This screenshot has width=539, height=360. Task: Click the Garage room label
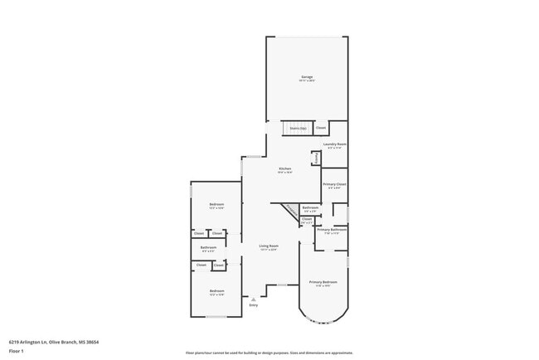pyautogui.click(x=307, y=78)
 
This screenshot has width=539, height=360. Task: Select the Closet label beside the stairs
pyautogui.click(x=320, y=128)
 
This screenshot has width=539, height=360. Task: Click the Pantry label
pyautogui.click(x=316, y=158)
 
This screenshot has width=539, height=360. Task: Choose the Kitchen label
pyautogui.click(x=284, y=169)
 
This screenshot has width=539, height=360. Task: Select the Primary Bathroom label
pyautogui.click(x=332, y=231)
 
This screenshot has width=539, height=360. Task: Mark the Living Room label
pyautogui.click(x=268, y=246)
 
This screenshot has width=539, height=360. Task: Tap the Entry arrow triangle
pyautogui.click(x=254, y=299)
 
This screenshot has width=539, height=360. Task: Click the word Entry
pyautogui.click(x=254, y=305)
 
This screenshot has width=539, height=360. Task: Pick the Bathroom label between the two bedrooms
pyautogui.click(x=208, y=248)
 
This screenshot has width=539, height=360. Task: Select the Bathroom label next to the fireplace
pyautogui.click(x=310, y=208)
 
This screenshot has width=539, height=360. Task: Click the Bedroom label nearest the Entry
pyautogui.click(x=216, y=291)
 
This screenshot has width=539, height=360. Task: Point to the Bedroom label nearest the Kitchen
pyautogui.click(x=216, y=205)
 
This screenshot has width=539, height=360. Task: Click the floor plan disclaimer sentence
pyautogui.click(x=269, y=353)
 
